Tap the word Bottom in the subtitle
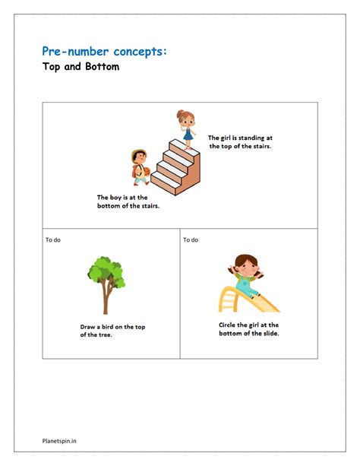pyautogui.click(x=103, y=66)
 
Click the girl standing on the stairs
pyautogui.click(x=186, y=129)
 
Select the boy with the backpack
pyautogui.click(x=141, y=167)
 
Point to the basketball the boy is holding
pyautogui.click(x=147, y=172)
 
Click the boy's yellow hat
pyautogui.click(x=138, y=154)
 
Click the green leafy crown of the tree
pyautogui.click(x=106, y=271)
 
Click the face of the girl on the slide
pyautogui.click(x=246, y=267)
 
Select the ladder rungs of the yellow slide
pyautogui.click(x=228, y=300)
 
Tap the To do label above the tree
pyautogui.click(x=53, y=239)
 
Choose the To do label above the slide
pyautogui.click(x=191, y=239)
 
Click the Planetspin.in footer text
pyautogui.click(x=59, y=441)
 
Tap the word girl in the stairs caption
pyautogui.click(x=226, y=138)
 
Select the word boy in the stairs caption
pyautogui.click(x=115, y=198)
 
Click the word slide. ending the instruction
pyautogui.click(x=271, y=333)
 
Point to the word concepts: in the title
pyautogui.click(x=140, y=52)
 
